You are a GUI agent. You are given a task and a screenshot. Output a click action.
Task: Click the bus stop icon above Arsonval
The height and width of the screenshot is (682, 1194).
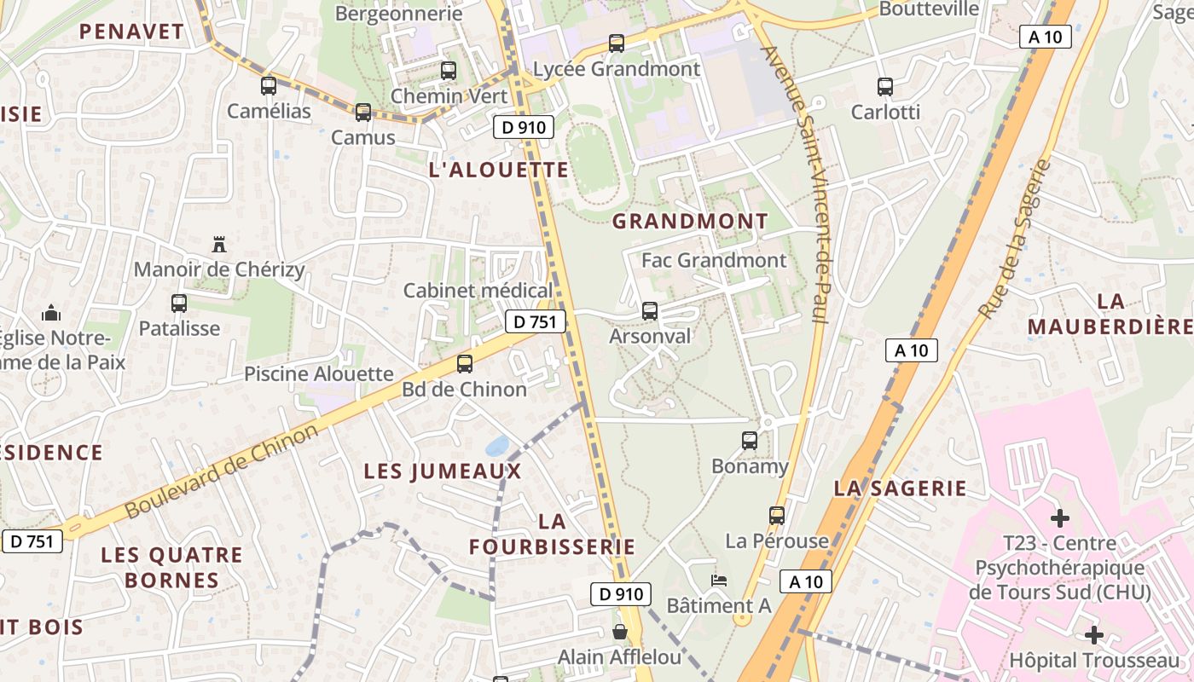pos(649,311)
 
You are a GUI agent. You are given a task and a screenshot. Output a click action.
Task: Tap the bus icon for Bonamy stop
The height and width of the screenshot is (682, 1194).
pos(749,441)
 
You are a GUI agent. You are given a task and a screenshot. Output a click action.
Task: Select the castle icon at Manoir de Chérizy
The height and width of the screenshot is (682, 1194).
pos(219,245)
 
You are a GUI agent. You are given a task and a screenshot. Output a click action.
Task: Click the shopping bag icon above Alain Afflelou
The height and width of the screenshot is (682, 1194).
pos(620,632)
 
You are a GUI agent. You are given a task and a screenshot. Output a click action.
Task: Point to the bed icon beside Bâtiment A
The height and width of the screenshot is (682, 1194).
pos(719,581)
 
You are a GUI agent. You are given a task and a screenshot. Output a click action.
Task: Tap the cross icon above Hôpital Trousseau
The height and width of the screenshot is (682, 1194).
pos(1094,635)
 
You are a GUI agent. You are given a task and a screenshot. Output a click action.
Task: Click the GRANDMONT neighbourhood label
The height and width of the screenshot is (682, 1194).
pos(690,222)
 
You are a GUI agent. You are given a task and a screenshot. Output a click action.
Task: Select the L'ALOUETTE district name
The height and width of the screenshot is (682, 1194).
pos(499,170)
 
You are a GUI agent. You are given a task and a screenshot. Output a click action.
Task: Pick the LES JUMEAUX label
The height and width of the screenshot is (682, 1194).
pos(442,471)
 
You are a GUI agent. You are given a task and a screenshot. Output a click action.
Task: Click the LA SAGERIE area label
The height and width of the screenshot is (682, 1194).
pos(900,488)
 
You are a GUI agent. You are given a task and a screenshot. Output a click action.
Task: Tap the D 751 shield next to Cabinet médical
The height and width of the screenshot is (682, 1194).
pos(536,321)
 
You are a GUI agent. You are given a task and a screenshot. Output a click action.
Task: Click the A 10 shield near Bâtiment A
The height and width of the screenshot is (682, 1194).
pos(805,581)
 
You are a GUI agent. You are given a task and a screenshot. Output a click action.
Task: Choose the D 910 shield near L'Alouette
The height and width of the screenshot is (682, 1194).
pos(523,128)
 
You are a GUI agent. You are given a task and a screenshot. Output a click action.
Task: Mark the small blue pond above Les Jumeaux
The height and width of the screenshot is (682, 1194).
pos(496,446)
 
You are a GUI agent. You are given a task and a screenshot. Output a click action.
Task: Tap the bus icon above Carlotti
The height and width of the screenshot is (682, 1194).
pos(884,86)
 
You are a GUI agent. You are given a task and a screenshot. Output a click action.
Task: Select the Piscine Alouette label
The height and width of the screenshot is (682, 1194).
pos(319,373)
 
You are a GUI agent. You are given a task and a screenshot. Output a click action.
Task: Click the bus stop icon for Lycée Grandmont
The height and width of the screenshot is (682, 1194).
pos(616,43)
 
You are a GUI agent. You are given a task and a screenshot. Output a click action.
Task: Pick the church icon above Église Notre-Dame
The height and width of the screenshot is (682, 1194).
pos(51,312)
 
